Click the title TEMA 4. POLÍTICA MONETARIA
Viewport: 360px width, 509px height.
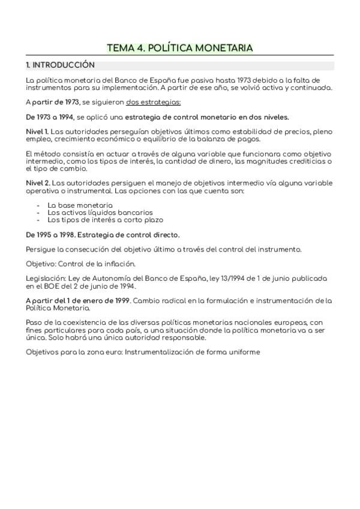click(x=179, y=47)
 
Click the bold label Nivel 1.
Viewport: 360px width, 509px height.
click(x=37, y=131)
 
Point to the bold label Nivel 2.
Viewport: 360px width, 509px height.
click(x=37, y=183)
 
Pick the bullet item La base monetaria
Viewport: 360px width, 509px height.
click(x=80, y=205)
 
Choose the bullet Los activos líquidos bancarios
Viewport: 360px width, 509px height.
click(x=91, y=212)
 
